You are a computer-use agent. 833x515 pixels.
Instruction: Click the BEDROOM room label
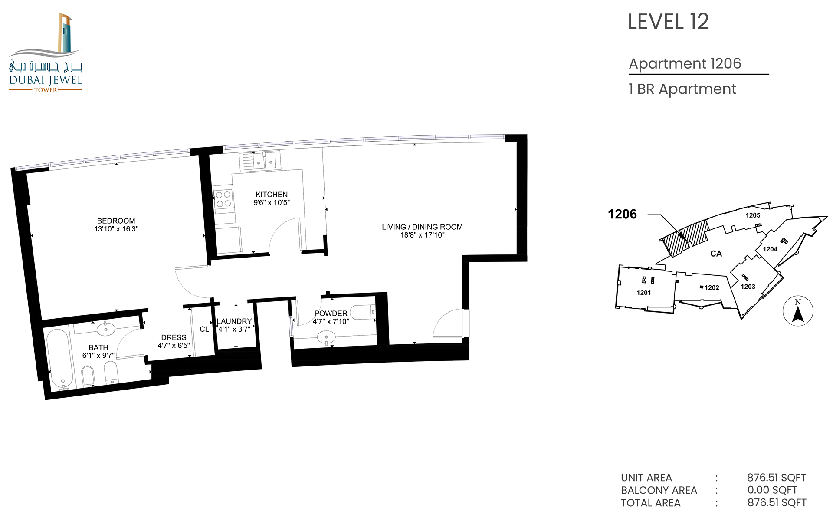tap(116, 221)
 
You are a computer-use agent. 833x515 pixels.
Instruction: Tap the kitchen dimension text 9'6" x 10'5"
tap(272, 202)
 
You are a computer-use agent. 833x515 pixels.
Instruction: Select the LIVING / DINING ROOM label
tap(422, 227)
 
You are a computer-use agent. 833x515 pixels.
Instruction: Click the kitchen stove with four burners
tap(223, 199)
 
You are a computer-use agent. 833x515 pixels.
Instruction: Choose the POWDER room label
tap(331, 313)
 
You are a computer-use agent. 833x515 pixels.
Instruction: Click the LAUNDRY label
tap(234, 321)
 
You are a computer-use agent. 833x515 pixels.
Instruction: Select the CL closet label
tap(204, 329)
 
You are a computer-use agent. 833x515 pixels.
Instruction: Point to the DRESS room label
tap(174, 337)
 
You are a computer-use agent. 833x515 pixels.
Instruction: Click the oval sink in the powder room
tap(326, 337)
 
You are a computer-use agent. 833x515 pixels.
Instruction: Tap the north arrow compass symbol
tap(798, 311)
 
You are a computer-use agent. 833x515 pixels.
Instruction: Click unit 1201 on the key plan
tap(644, 292)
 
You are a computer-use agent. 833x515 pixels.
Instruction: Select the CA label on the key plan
tap(716, 254)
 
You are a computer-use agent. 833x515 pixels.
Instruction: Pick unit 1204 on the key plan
tap(770, 249)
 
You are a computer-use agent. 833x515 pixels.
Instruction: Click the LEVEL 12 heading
tap(668, 22)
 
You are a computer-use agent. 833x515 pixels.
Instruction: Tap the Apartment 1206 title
tap(685, 63)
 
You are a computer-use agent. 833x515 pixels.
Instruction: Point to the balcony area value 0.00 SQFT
tap(772, 490)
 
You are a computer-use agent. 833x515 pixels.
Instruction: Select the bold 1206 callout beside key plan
tap(622, 214)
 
